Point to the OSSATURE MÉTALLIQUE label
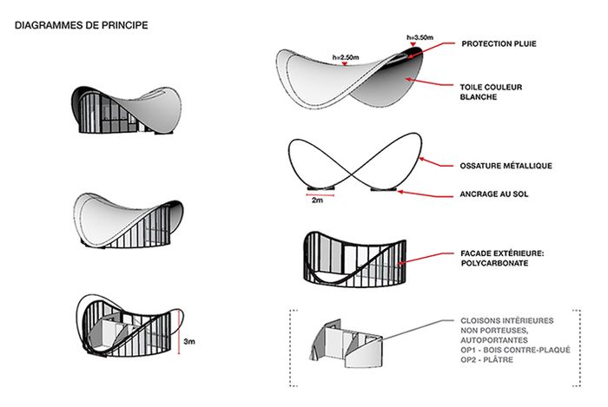pos(506,165)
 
